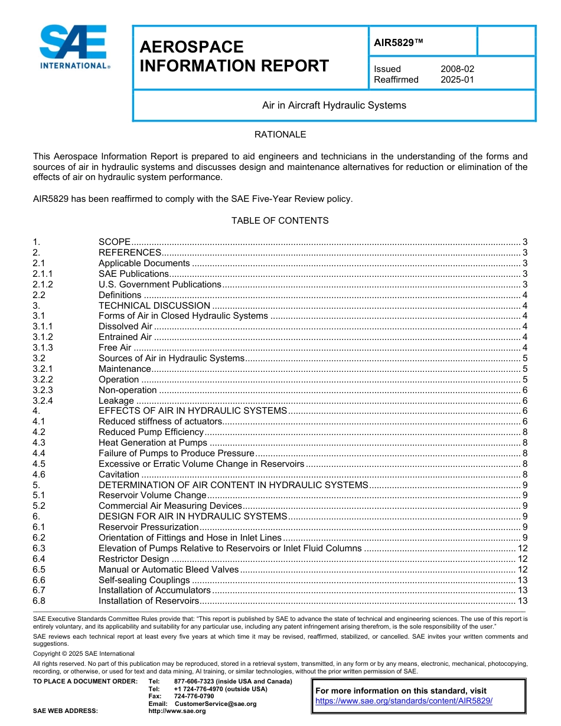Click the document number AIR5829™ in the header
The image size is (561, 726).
tap(399, 42)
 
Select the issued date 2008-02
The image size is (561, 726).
tap(457, 69)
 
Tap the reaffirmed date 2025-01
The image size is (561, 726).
tap(457, 80)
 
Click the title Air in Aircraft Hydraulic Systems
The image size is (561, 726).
tap(334, 106)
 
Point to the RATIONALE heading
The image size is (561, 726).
tap(280, 135)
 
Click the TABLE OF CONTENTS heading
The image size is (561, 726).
tap(280, 221)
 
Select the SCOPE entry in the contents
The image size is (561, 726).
tap(114, 242)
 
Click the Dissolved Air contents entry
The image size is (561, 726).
tap(125, 326)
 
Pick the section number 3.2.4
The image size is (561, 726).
tap(43, 401)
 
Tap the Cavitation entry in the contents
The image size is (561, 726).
tap(119, 475)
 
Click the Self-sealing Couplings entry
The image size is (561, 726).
tap(144, 580)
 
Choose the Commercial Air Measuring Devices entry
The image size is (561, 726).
tap(170, 506)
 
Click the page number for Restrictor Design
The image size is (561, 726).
tap(522, 559)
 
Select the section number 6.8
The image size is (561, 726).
tap(39, 601)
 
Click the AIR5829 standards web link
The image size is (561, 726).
tap(404, 701)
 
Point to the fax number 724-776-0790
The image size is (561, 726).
tap(194, 696)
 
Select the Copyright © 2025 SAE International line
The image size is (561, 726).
tap(84, 653)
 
